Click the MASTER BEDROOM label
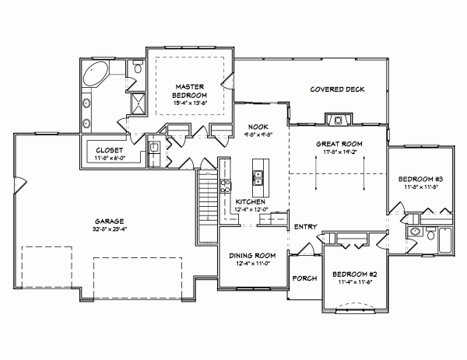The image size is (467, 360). tap(189, 90)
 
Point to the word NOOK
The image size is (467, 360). tap(258, 127)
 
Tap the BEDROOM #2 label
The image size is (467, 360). tap(355, 274)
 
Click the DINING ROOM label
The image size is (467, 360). tap(253, 255)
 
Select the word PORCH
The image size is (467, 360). tap(303, 278)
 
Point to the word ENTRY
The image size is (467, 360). tap(305, 226)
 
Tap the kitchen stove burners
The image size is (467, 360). tap(225, 185)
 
